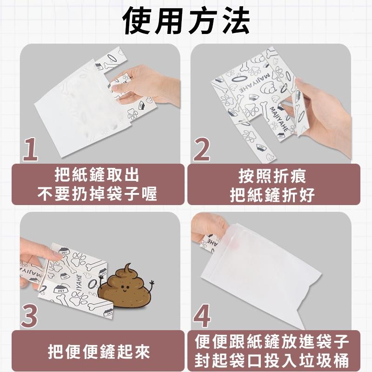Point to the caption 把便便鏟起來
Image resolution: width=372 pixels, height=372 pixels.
[x=100, y=351]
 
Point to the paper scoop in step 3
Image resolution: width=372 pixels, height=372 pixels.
[x=70, y=279]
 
